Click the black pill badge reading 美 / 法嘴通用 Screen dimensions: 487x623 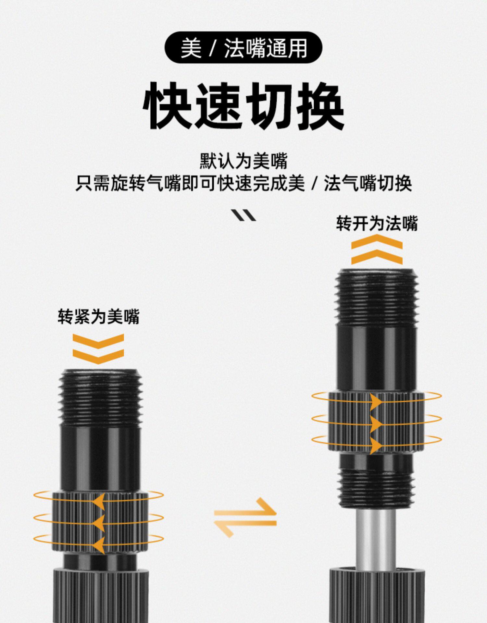pos(243,47)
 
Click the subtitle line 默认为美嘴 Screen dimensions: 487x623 pos(243,161)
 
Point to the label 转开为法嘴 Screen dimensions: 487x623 pos(377,224)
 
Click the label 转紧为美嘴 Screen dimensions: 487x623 pos(98,316)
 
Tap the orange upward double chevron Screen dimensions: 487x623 pos(377,250)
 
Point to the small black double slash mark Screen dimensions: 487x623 pos(243,215)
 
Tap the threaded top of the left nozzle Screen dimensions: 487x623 pos(101,397)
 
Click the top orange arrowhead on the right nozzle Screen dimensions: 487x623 pos(376,402)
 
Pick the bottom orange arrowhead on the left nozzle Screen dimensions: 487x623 pos(99,545)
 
